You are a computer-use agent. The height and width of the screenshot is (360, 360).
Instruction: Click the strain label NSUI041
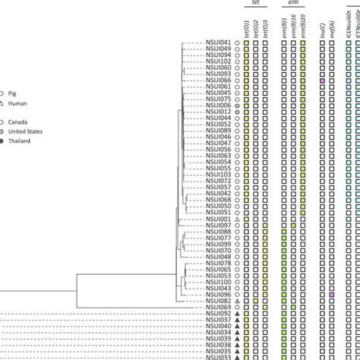[x=219, y=45]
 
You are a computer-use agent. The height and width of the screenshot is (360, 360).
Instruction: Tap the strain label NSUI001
[x=219, y=219]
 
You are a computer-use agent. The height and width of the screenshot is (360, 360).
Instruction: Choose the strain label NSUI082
[x=219, y=301]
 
